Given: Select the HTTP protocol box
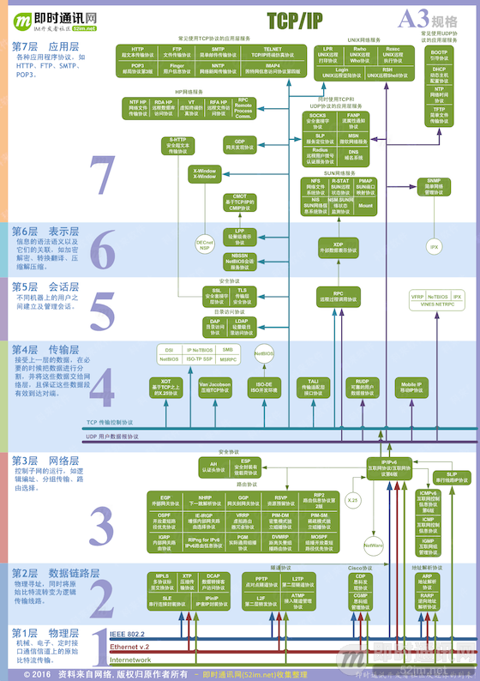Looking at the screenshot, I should pyautogui.click(x=137, y=52).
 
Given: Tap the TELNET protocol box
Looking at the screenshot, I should pyautogui.click(x=273, y=52).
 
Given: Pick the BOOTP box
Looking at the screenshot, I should pyautogui.click(x=439, y=54).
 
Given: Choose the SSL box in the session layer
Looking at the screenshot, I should pyautogui.click(x=217, y=296).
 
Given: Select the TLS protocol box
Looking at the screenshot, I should pyautogui.click(x=242, y=296).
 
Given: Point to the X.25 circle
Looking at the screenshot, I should pyautogui.click(x=351, y=499).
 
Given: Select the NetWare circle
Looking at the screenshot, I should pyautogui.click(x=374, y=545).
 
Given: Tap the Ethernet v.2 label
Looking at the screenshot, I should pyautogui.click(x=130, y=646).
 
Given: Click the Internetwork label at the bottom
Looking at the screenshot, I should pyautogui.click(x=131, y=660).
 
